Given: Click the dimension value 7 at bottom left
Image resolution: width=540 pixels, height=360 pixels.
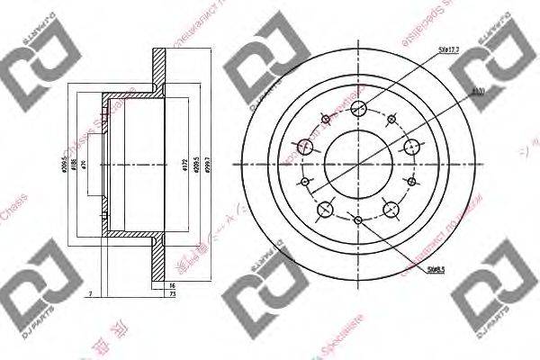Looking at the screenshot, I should pyautogui.click(x=92, y=293).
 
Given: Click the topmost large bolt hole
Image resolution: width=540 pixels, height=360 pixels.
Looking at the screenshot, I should pyautogui.click(x=358, y=109).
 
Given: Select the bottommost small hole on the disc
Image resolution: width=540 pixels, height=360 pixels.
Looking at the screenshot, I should pyautogui.click(x=358, y=221).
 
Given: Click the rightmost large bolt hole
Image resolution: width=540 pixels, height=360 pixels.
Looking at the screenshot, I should pyautogui.click(x=411, y=148).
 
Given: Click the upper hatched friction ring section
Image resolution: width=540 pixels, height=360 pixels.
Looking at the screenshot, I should pyautogui.click(x=159, y=71).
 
